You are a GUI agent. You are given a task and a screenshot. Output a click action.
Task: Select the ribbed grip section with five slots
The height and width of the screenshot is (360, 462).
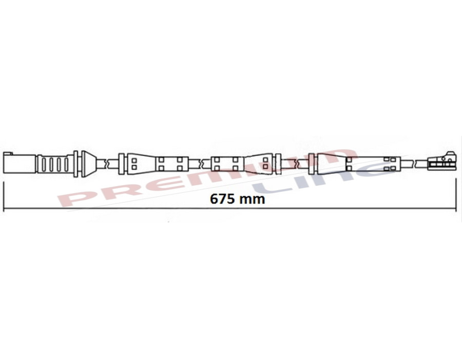click(53, 164)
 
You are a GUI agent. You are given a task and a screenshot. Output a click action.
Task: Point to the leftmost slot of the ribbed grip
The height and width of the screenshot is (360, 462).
click(43, 164)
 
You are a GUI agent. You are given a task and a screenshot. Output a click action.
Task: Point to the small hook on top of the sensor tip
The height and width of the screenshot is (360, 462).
click(451, 153)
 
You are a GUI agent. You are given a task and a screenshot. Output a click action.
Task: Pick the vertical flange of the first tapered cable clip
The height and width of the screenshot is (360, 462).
click(122, 164)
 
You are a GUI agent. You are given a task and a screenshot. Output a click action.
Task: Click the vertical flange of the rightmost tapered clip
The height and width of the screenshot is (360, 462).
click(314, 164)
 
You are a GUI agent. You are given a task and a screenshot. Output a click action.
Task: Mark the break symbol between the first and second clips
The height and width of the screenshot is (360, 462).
click(199, 164)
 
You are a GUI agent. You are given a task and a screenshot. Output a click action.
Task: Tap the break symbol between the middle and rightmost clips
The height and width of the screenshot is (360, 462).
click(298, 164)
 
